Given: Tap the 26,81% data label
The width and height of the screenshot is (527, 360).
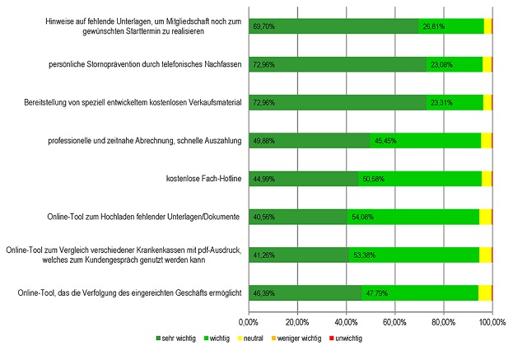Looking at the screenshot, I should (434, 26).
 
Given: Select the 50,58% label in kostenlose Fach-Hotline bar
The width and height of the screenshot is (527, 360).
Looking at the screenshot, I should (383, 179).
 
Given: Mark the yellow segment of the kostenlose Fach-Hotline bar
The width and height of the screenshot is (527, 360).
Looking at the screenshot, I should (487, 179).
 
